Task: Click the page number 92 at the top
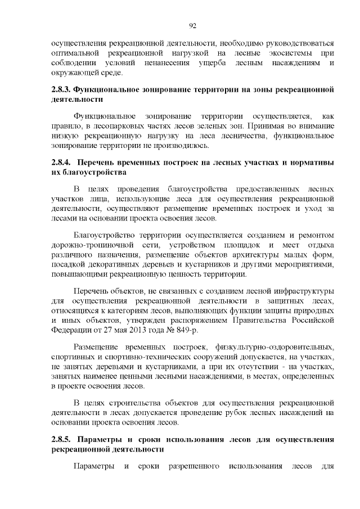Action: [x=192, y=25]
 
